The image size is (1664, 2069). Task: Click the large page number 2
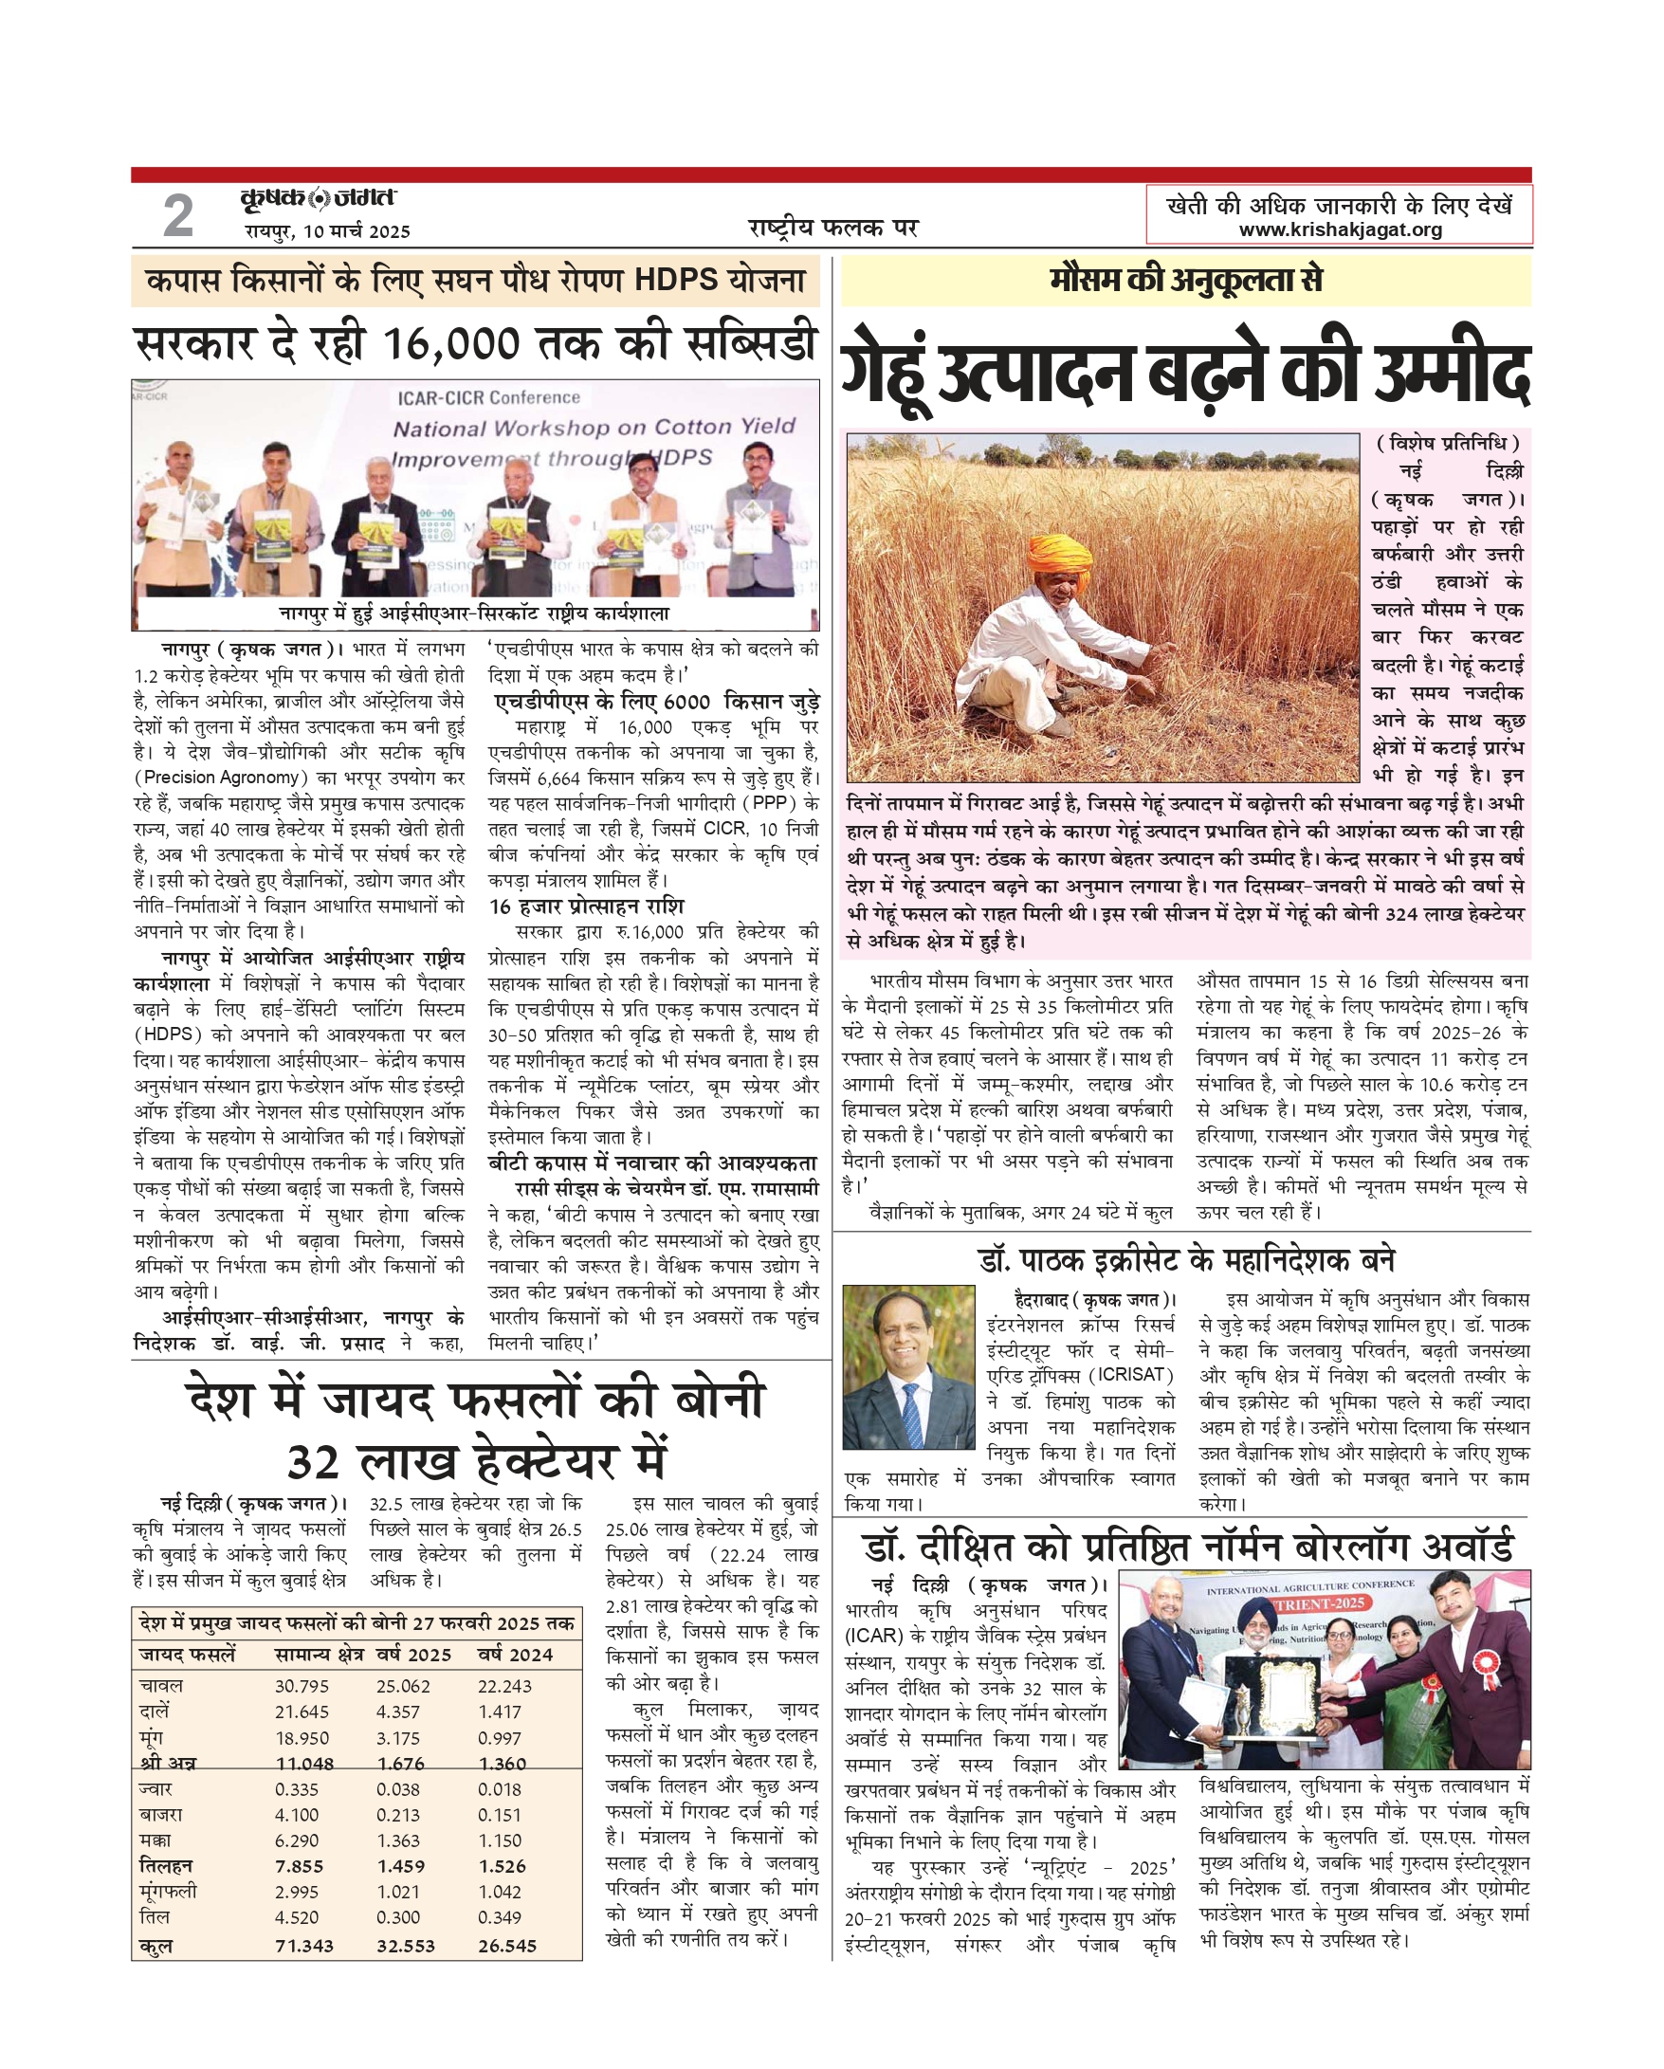(x=177, y=215)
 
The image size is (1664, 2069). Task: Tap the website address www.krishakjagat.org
(x=1340, y=229)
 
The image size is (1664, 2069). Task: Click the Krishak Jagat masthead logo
(x=318, y=198)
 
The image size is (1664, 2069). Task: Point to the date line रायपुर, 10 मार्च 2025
(x=327, y=231)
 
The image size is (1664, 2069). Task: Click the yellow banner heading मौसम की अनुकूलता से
(x=1185, y=281)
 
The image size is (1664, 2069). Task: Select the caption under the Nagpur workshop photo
(x=474, y=613)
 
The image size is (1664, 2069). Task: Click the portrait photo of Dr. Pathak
(x=907, y=1367)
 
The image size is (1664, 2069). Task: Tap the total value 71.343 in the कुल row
(x=304, y=1945)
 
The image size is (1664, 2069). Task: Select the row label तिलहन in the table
(x=166, y=1865)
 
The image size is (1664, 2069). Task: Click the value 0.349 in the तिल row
(x=500, y=1917)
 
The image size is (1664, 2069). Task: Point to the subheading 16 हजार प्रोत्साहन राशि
(x=586, y=906)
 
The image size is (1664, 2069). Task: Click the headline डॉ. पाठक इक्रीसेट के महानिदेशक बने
(x=1187, y=1259)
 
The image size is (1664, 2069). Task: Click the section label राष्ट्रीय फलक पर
(x=833, y=228)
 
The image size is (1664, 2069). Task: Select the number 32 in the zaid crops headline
(x=313, y=1462)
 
